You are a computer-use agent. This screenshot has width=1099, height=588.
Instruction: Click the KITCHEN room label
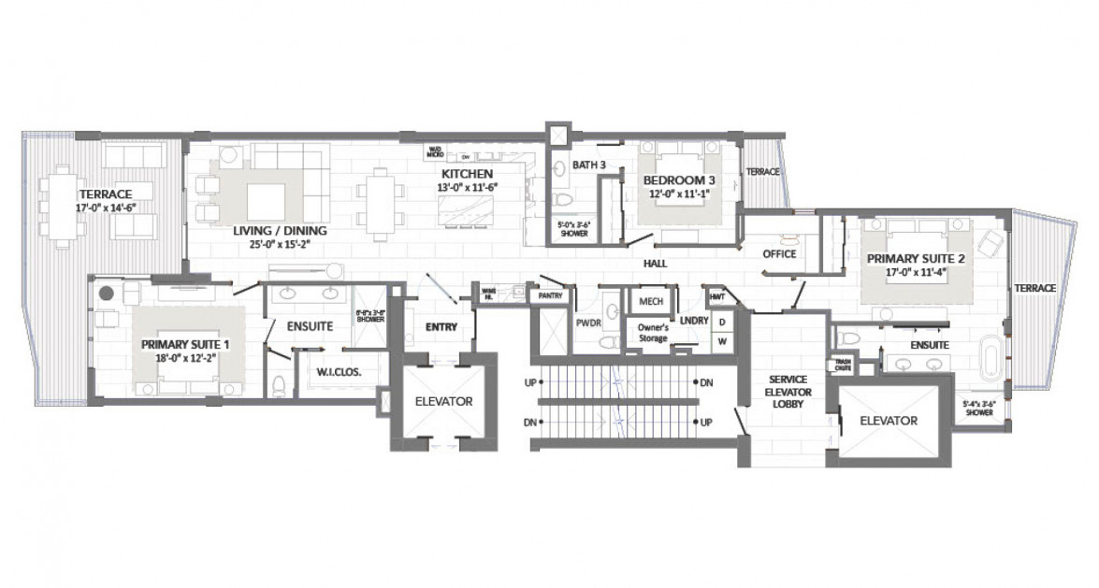point(468,174)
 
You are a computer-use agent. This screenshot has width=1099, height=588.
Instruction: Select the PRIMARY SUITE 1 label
point(184,344)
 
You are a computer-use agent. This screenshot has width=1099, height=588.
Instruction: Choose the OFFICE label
point(778,253)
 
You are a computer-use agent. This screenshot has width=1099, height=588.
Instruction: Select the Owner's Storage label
point(652,333)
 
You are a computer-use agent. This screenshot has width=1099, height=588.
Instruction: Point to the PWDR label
point(589,321)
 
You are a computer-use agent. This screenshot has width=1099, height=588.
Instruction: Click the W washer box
point(721,342)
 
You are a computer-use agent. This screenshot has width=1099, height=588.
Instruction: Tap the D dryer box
point(721,322)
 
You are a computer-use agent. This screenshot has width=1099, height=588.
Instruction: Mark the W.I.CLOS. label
point(340,371)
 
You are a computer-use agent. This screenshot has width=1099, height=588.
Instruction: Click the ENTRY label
point(441,327)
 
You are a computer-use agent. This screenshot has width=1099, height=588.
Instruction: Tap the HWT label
point(717,296)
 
